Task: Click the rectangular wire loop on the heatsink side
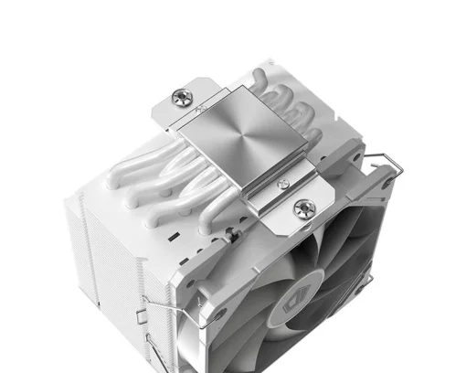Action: coord(146,319)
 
